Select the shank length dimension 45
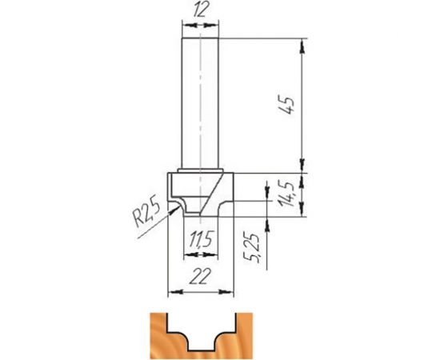[x=289, y=105]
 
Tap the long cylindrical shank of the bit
[x=199, y=104]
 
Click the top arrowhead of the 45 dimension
[x=303, y=45]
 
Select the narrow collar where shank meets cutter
[x=199, y=170]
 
